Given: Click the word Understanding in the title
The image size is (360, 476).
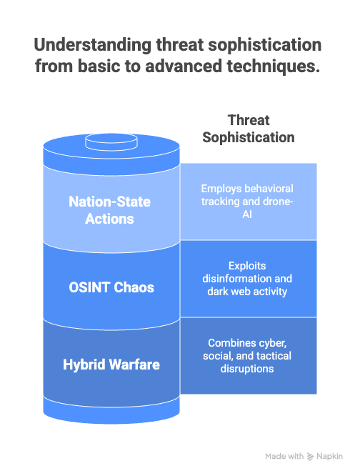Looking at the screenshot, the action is click(x=93, y=45).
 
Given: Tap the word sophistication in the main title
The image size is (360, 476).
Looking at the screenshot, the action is click(x=264, y=45).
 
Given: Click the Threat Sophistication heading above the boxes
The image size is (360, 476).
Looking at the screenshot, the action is click(x=249, y=129).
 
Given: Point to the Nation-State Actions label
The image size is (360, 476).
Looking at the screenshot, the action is click(x=109, y=210).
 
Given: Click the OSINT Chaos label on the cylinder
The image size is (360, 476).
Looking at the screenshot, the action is click(x=111, y=287).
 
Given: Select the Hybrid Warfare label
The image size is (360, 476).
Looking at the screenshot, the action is click(x=111, y=365).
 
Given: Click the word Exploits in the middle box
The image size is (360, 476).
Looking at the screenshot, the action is click(x=247, y=266).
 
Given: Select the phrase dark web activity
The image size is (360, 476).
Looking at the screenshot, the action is click(x=247, y=292).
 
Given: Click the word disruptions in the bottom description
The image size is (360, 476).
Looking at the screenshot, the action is click(x=247, y=369).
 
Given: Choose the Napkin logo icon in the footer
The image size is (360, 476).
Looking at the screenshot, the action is click(x=310, y=457).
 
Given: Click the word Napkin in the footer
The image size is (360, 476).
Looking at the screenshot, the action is click(x=330, y=457).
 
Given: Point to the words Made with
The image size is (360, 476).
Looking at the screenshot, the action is click(x=284, y=456).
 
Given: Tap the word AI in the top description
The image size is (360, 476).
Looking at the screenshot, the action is click(x=247, y=214).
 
